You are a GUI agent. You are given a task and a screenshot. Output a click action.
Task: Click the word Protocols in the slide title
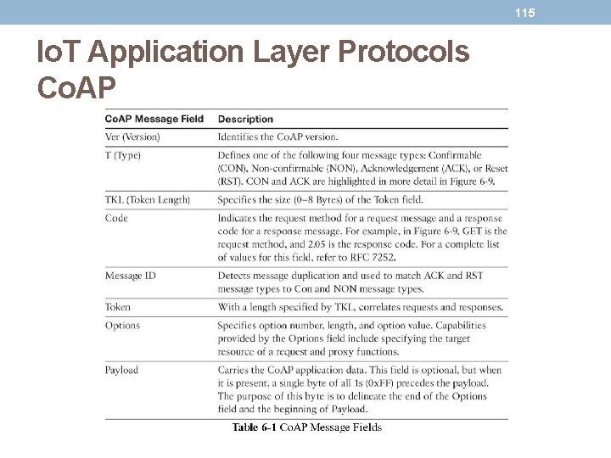pyautogui.click(x=403, y=53)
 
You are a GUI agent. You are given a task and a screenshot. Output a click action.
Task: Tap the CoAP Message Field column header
pyautogui.click(x=154, y=119)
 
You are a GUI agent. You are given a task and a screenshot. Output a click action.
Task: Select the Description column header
pyautogui.click(x=245, y=119)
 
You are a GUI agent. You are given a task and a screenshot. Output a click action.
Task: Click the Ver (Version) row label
pyautogui.click(x=132, y=137)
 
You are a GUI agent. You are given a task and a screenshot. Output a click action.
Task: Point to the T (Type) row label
pyautogui.click(x=123, y=155)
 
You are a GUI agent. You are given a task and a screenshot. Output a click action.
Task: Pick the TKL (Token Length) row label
pyautogui.click(x=148, y=199)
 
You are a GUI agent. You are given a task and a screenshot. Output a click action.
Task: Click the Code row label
pyautogui.click(x=116, y=218)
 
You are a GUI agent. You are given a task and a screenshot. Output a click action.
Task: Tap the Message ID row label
pyautogui.click(x=131, y=276)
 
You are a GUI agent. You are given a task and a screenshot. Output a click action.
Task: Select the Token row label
pyautogui.click(x=118, y=307)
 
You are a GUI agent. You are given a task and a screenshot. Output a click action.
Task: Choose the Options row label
pyautogui.click(x=122, y=325)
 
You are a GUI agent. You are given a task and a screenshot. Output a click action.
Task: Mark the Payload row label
pyautogui.click(x=121, y=370)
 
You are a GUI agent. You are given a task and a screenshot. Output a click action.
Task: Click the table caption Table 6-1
pyautogui.click(x=254, y=427)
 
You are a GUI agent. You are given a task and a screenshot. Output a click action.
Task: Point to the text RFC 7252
pyautogui.click(x=371, y=257)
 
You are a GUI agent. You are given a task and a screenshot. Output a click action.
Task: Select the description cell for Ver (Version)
pyautogui.click(x=277, y=137)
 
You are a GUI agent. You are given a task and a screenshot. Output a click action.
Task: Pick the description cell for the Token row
pyautogui.click(x=360, y=307)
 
